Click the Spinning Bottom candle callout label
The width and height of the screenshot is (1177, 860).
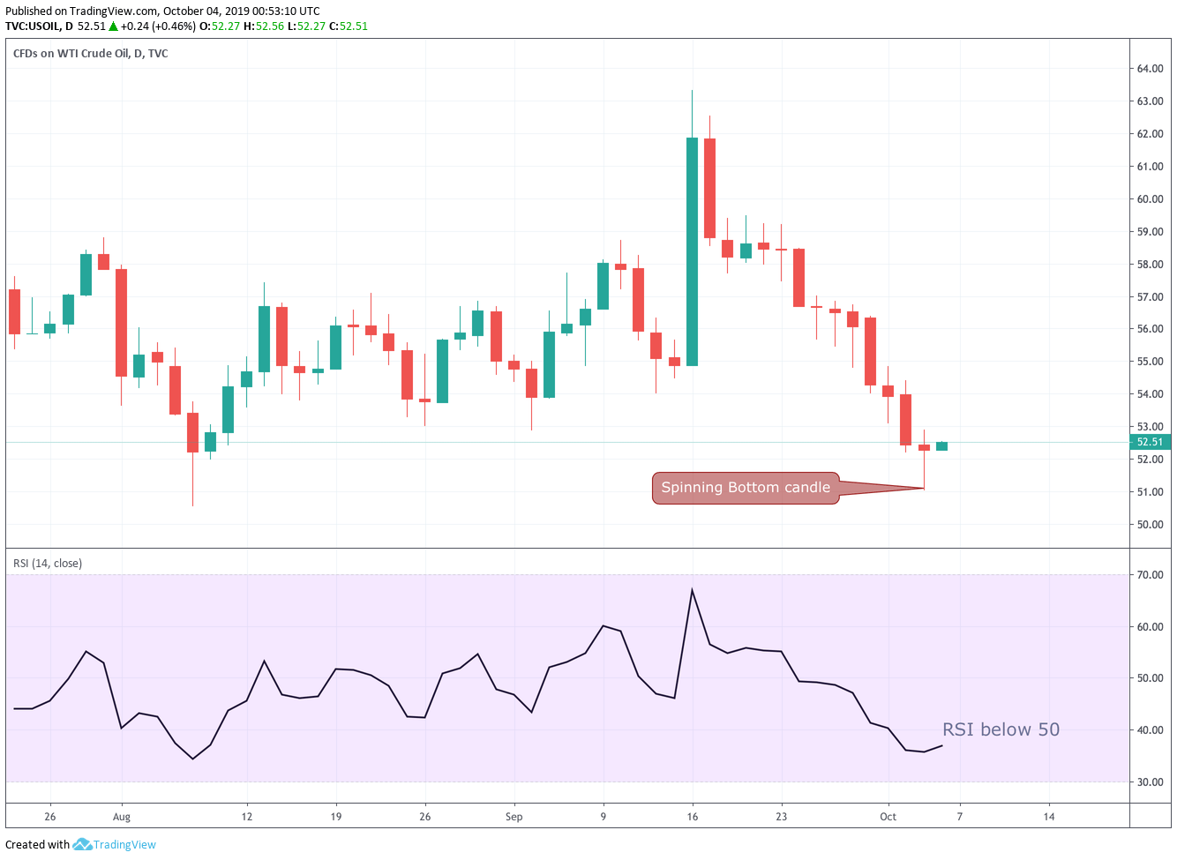(746, 488)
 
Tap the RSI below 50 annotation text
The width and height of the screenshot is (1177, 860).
(1001, 729)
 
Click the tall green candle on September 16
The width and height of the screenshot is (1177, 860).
(692, 251)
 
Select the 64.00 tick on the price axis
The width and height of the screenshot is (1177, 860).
(1150, 69)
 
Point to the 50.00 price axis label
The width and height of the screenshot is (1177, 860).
(1150, 525)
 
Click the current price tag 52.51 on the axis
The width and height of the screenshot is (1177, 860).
(1150, 442)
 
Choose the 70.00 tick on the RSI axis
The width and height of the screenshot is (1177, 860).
(1150, 575)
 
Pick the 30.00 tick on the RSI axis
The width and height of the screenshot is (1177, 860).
(1150, 782)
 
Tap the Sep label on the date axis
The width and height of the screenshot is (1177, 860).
(514, 817)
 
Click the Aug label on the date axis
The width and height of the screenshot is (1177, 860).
(122, 817)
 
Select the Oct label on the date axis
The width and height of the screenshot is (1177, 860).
(888, 817)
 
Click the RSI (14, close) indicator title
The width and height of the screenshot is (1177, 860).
(48, 564)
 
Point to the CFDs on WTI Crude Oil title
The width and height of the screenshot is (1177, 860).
(90, 54)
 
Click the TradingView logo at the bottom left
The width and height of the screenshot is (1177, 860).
(115, 845)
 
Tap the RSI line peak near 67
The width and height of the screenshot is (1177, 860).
(692, 589)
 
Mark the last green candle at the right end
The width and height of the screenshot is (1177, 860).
(941, 446)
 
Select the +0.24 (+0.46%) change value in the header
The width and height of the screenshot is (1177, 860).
(158, 26)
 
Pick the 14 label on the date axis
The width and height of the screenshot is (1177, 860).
(1049, 817)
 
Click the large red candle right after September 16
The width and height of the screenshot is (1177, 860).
(709, 188)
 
